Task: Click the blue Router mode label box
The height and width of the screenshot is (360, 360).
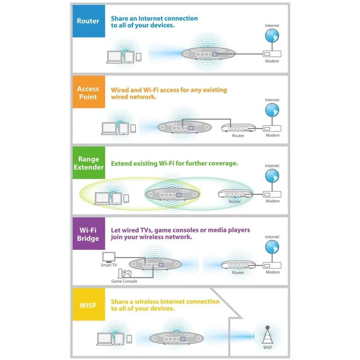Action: click(x=89, y=21)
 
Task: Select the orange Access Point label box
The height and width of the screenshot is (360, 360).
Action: click(x=89, y=93)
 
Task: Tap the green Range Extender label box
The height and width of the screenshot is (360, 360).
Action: click(x=89, y=163)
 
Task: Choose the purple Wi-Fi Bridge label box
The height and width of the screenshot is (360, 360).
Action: click(x=89, y=234)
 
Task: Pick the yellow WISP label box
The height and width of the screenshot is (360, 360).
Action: click(x=89, y=306)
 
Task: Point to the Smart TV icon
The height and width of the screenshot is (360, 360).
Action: click(x=109, y=257)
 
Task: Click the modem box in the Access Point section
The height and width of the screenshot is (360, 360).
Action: click(x=272, y=128)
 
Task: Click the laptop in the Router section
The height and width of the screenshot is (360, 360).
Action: click(x=114, y=56)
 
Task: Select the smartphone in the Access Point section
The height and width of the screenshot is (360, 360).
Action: click(x=133, y=128)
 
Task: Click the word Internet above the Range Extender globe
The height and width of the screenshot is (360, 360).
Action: click(x=272, y=166)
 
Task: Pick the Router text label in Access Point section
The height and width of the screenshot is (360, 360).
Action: click(x=238, y=135)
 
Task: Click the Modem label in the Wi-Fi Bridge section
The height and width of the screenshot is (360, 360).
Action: click(x=272, y=272)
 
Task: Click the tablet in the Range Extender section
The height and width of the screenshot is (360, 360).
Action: click(x=117, y=198)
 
